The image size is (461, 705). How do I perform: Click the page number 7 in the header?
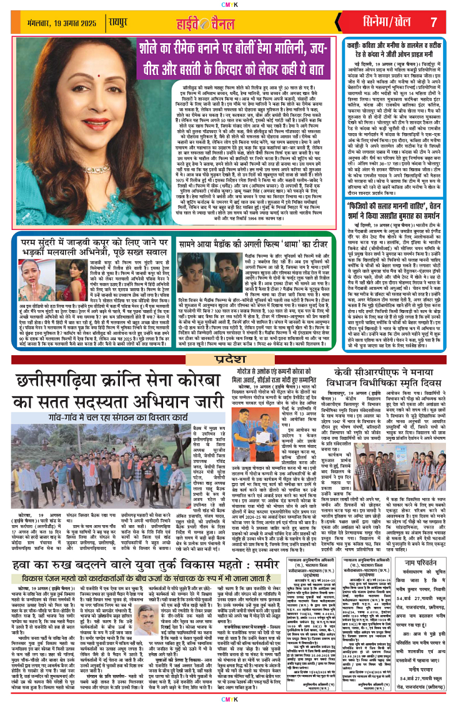pyautogui.click(x=433, y=22)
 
